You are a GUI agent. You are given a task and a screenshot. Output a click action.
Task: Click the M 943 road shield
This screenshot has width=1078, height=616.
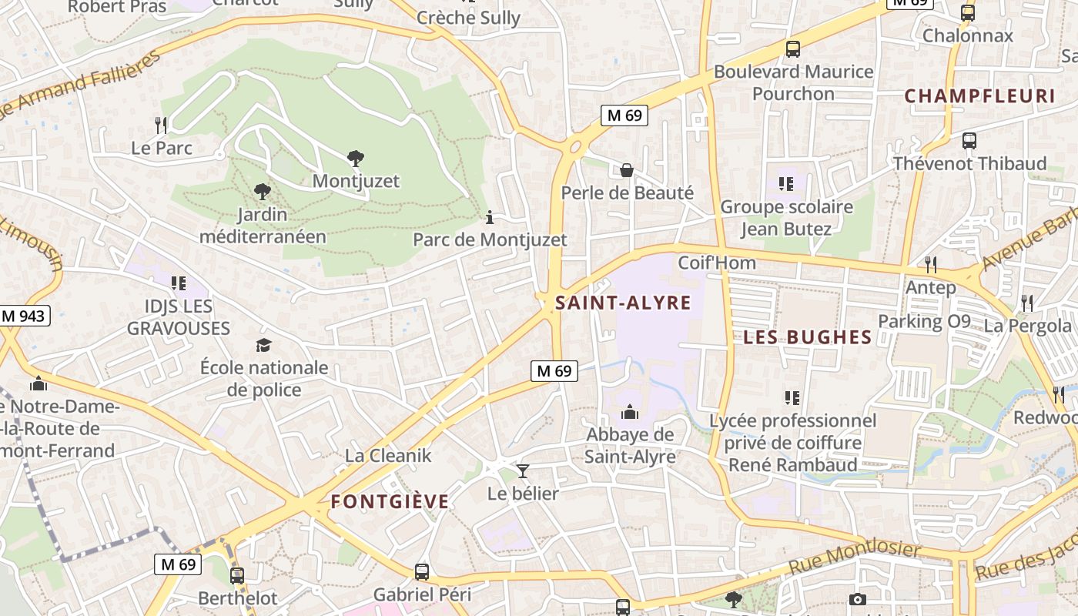point(25,316)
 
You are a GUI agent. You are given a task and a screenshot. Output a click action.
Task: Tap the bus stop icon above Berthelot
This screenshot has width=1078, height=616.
point(237,575)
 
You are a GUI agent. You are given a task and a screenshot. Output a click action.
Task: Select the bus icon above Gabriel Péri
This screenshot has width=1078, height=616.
point(422,572)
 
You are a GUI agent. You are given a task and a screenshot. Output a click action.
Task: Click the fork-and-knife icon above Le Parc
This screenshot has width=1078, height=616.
point(161,125)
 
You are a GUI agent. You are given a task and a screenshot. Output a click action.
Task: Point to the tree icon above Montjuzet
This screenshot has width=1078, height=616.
point(355,159)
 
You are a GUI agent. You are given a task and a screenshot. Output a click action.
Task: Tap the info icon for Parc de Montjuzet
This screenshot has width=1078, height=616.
point(489,218)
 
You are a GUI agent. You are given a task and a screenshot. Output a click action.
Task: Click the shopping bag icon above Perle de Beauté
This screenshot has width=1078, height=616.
point(627,170)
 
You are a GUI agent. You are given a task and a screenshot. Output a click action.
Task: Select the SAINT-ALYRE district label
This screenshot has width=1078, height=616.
point(623,303)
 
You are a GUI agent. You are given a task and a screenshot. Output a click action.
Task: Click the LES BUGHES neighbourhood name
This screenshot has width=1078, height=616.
point(807,337)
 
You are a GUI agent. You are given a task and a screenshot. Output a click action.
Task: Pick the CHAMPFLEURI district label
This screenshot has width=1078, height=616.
point(979,96)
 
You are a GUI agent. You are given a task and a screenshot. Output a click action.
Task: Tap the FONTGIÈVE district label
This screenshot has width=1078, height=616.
point(390,502)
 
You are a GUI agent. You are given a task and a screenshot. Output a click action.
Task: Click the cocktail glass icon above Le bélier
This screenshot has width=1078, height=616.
point(523,471)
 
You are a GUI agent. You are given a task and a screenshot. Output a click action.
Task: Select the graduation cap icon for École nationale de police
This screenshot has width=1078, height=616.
point(264,345)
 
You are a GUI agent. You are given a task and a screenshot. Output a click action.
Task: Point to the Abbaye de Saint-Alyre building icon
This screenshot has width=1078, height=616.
point(630,413)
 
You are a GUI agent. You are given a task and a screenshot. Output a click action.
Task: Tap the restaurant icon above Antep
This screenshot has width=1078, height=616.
point(931,265)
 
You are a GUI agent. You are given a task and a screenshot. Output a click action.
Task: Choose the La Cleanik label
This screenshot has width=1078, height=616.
point(388,455)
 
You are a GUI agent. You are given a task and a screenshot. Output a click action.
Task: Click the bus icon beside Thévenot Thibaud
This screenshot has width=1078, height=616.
point(969,141)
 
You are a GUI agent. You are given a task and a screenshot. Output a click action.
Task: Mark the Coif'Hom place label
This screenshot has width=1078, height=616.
point(716,263)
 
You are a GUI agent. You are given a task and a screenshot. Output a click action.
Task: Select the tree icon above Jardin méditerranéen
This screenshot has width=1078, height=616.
point(263,191)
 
